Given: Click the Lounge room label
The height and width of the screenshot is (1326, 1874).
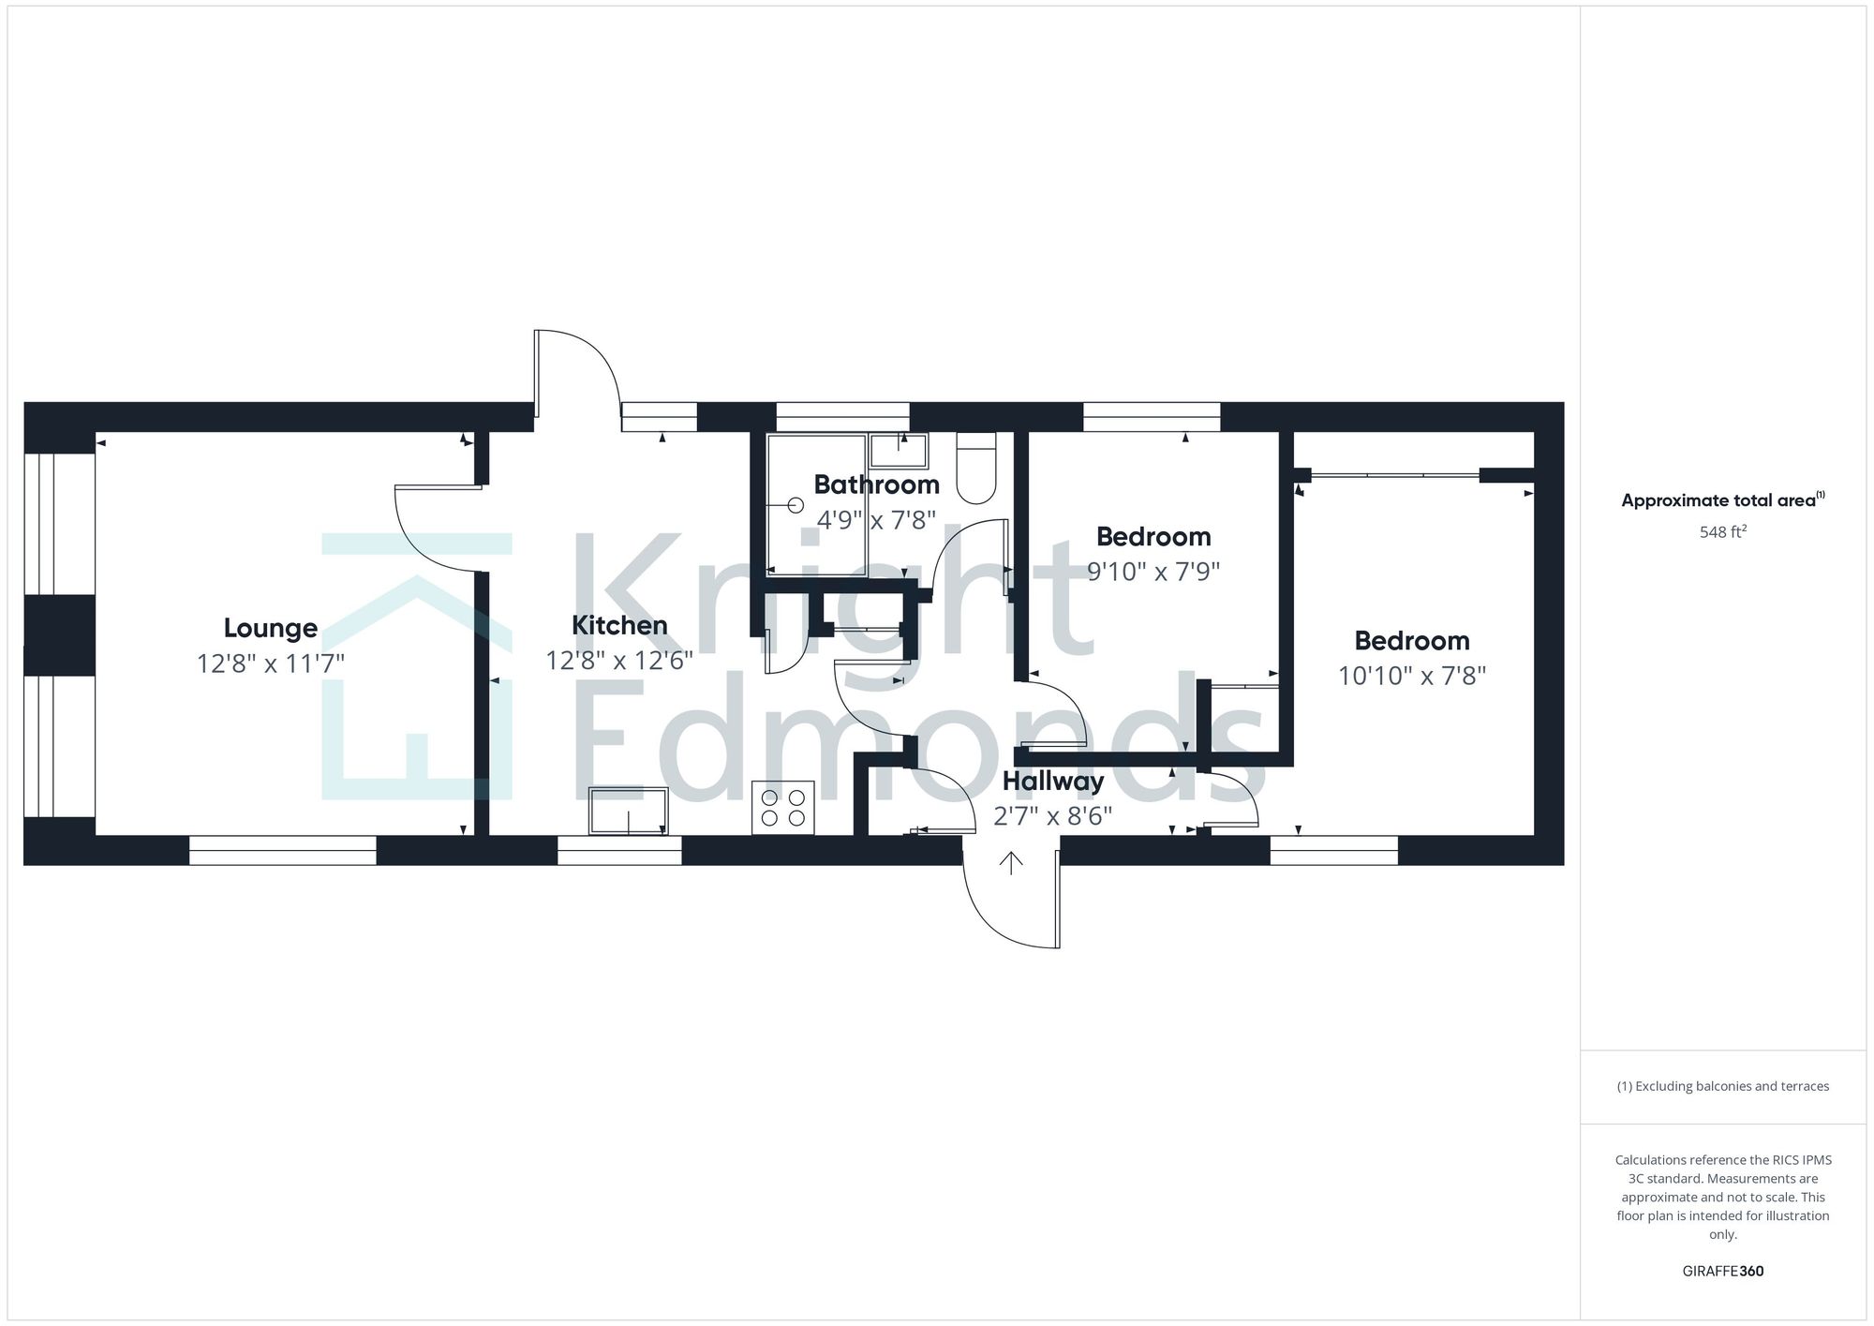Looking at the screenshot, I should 270,628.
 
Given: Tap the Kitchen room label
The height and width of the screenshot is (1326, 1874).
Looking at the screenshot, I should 619,625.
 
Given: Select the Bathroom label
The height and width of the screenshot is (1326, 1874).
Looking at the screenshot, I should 876,484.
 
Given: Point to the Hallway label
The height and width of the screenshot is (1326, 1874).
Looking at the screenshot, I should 1053,781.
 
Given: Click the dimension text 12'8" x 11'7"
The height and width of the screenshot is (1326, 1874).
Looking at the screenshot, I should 270,663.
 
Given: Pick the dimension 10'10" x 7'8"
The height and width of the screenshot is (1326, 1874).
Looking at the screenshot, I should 1411,676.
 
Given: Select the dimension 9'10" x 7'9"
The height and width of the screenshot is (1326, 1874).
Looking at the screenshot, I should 1153,571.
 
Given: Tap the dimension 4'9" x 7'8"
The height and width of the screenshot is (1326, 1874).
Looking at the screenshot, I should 876,519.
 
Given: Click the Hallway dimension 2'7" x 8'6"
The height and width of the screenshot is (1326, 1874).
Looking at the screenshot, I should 1052,816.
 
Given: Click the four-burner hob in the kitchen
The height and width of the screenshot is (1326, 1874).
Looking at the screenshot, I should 783,808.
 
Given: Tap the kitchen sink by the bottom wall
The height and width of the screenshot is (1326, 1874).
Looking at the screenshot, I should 628,812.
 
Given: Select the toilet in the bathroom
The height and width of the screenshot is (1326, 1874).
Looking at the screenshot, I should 975,469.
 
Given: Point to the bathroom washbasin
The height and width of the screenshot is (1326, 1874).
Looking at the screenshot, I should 898,451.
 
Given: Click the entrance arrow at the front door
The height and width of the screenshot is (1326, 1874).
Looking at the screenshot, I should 1010,863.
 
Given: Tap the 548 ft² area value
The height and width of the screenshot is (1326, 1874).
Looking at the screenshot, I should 1722,532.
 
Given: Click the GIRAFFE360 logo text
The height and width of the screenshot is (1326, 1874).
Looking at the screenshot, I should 1722,1272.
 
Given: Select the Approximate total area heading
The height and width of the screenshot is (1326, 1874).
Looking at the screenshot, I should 1722,500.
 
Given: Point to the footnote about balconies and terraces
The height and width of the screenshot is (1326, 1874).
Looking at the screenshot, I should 1722,1086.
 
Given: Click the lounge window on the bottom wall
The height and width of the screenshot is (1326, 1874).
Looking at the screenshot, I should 282,851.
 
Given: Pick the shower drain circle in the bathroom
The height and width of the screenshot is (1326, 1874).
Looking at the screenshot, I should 796,505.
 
